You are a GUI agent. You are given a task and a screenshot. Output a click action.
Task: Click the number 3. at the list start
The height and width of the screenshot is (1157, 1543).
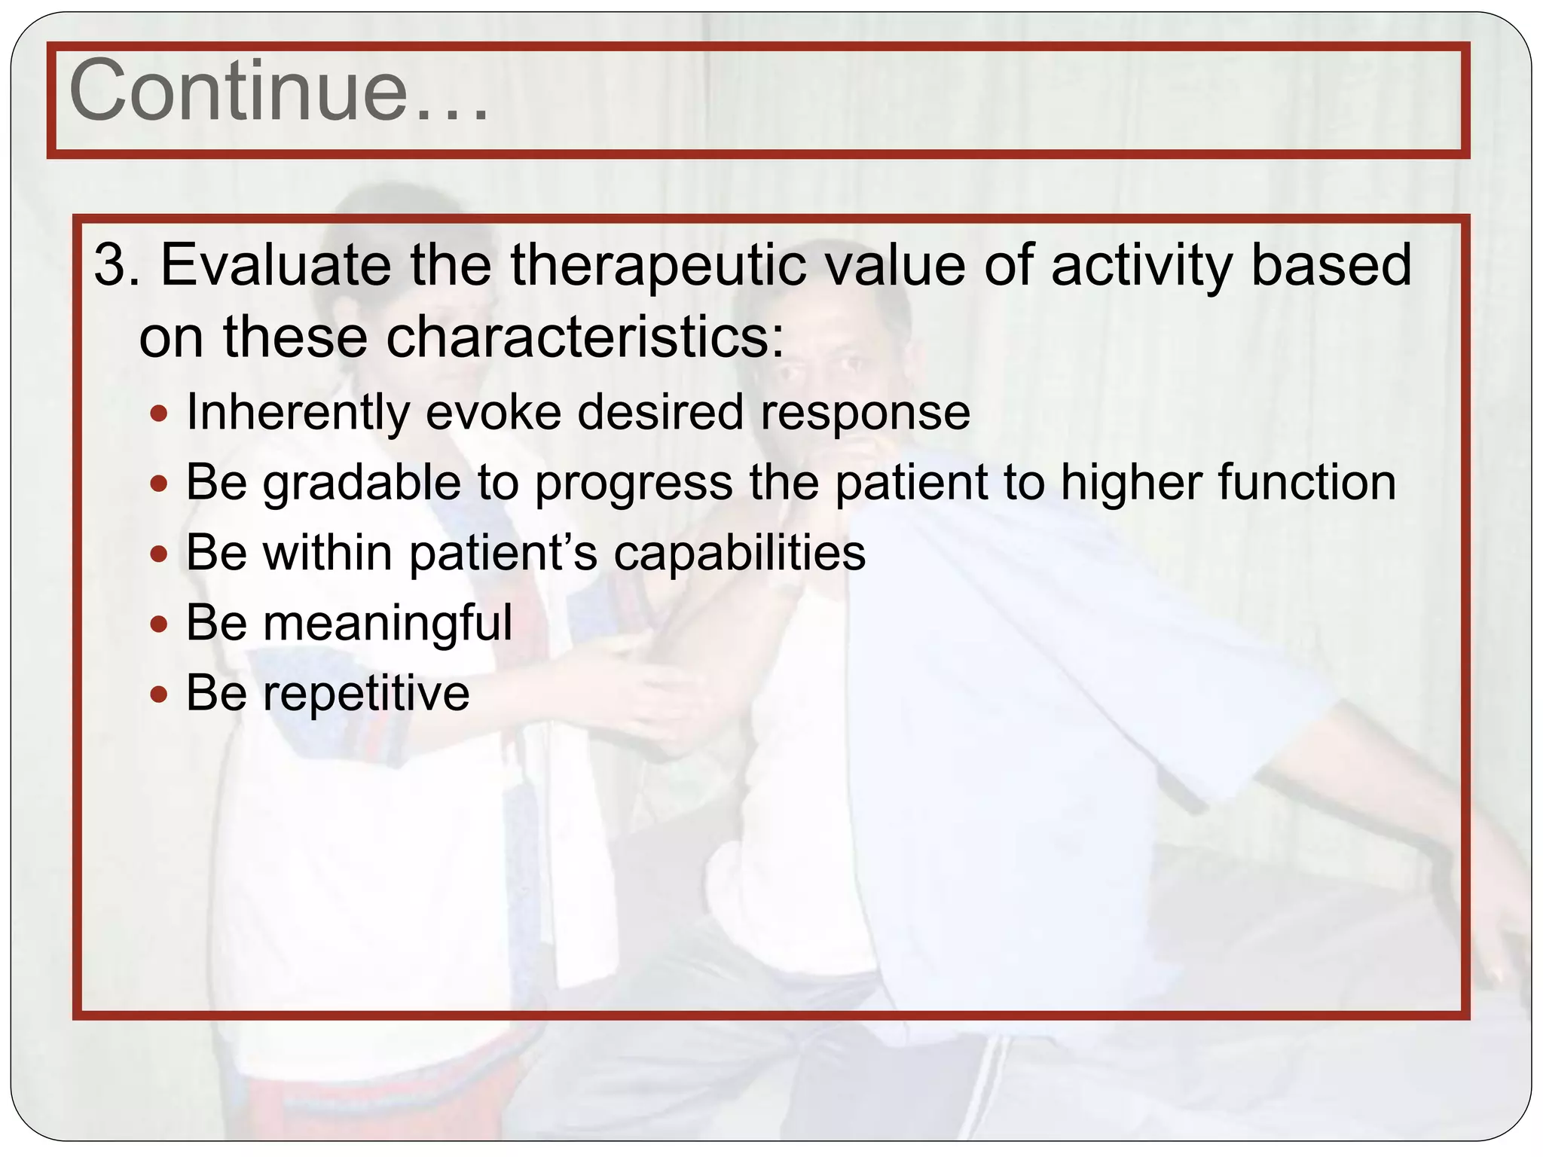117,265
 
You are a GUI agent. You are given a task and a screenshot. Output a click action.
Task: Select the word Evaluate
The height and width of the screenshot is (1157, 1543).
276,265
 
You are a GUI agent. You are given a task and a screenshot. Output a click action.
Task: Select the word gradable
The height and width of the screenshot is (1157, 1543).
362,484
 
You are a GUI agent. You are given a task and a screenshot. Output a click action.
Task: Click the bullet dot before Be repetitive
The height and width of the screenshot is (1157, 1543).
158,694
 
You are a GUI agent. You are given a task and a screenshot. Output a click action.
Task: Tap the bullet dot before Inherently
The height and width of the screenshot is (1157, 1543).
158,414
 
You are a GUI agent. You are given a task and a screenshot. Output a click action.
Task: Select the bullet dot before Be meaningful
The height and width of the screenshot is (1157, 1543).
158,624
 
